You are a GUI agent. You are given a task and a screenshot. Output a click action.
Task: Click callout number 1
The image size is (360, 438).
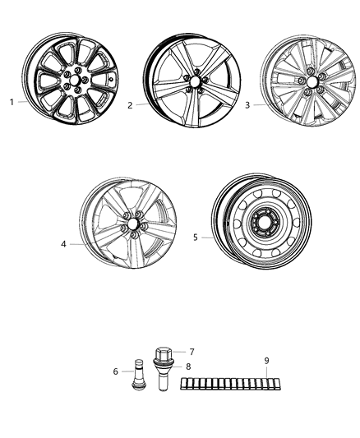12,103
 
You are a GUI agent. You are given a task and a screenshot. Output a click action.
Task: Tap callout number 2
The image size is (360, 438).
130,106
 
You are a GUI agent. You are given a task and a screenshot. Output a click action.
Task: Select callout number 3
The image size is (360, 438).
247,105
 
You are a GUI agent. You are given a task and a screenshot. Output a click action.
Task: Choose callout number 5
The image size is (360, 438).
196,237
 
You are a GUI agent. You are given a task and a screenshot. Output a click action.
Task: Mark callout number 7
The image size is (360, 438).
192,351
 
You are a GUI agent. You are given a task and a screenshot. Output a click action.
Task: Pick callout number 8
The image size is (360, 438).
188,366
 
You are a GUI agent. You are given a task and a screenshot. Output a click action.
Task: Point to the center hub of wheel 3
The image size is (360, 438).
312,83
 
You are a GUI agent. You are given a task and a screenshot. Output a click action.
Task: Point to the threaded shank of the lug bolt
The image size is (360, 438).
161,384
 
